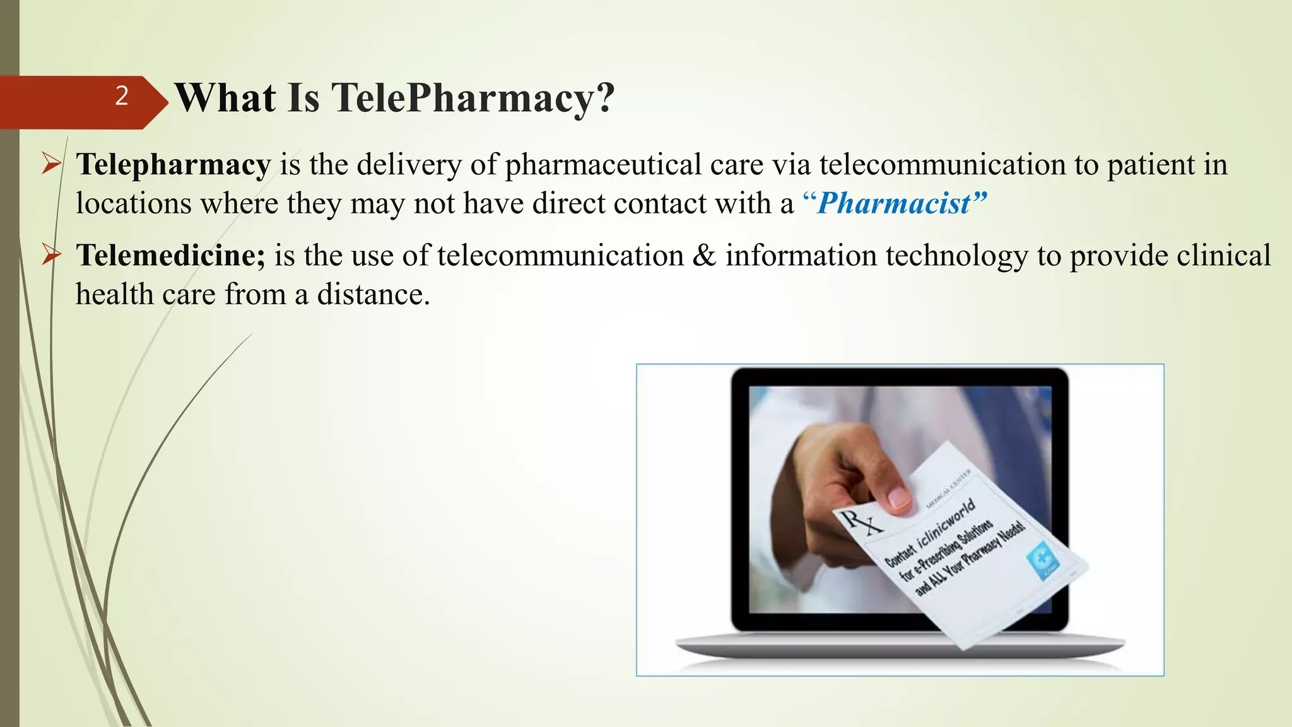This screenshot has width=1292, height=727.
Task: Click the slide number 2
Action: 122,96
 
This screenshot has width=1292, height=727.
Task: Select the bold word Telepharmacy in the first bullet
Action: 173,165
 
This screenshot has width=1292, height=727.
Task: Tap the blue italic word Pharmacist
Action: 894,203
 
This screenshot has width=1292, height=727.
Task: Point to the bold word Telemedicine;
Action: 171,256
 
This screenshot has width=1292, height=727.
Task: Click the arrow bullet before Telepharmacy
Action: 50,165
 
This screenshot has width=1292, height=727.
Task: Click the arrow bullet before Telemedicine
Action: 50,256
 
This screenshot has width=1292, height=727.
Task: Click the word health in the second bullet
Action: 114,295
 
